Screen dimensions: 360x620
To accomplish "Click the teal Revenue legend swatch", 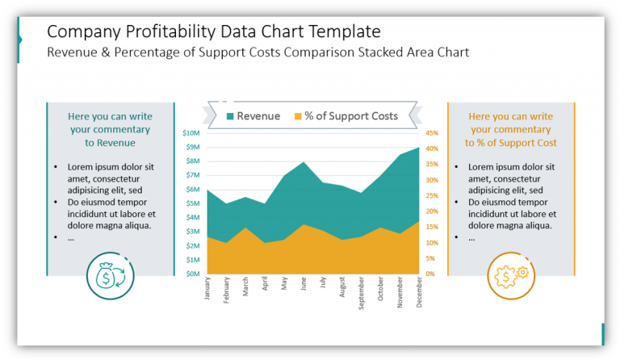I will [230, 116].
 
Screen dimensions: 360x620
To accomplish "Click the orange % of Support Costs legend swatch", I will [298, 116].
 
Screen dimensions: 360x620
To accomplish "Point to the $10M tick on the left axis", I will [191, 133].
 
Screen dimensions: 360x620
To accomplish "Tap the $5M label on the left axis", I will [193, 203].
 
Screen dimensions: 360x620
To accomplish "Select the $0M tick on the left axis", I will [193, 274].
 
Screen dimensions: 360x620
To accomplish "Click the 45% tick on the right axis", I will [431, 133].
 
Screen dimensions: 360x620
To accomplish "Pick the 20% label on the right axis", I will [431, 211].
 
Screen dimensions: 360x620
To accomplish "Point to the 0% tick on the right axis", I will [429, 274].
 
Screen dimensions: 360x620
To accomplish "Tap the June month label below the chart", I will [304, 286].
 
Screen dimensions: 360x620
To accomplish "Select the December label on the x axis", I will [419, 293].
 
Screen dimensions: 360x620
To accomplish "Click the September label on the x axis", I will [361, 294].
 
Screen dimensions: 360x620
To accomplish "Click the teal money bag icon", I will [109, 276].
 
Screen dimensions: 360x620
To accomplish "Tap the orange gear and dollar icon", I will [510, 276].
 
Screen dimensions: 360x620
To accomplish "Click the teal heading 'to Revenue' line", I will [110, 143].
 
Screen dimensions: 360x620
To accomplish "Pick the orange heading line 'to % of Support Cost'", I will [510, 143].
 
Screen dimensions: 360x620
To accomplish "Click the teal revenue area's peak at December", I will [418, 148].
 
